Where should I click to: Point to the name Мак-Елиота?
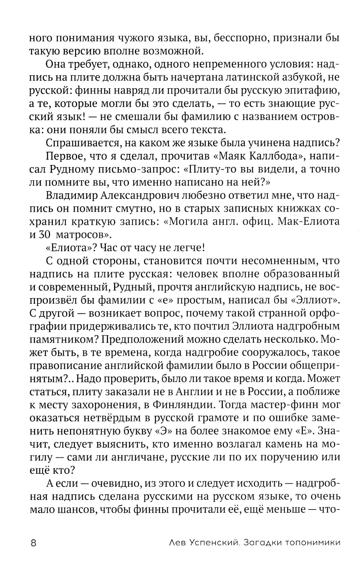click(x=310, y=222)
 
